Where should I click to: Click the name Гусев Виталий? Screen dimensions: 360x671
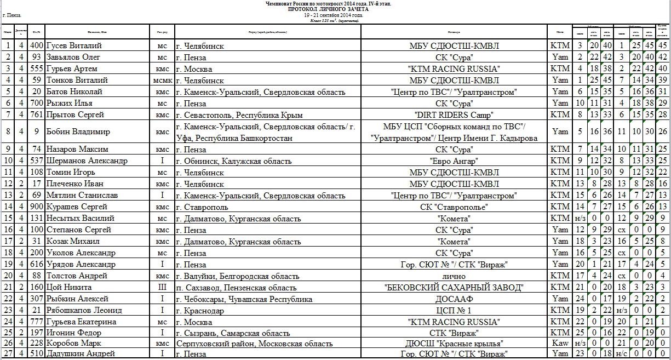[74, 46]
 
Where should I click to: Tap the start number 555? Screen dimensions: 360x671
[37, 69]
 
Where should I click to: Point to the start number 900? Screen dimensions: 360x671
[37, 207]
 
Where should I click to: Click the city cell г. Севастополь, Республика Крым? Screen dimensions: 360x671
[239, 115]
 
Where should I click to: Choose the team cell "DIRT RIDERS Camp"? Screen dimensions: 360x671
[454, 115]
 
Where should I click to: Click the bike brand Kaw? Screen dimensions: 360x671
[560, 344]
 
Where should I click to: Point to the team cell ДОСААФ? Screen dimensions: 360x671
[454, 299]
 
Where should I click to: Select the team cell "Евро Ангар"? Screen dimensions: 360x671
[454, 161]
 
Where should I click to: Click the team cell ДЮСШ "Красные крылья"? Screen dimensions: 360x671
[454, 344]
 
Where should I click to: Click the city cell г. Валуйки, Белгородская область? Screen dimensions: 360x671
[237, 276]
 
